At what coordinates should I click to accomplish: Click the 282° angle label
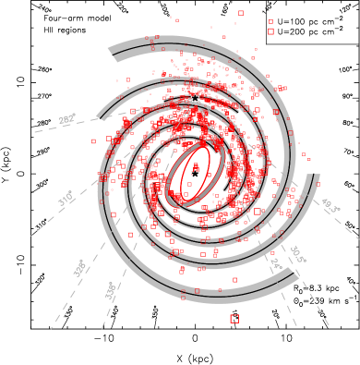pyautogui.click(x=66, y=119)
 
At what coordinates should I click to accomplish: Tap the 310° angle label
pyautogui.click(x=66, y=199)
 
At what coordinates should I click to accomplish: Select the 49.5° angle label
pyautogui.click(x=329, y=204)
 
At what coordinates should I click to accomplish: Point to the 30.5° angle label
pyautogui.click(x=297, y=254)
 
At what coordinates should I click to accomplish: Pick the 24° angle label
pyautogui.click(x=276, y=265)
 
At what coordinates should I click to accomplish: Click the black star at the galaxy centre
pyautogui.click(x=195, y=174)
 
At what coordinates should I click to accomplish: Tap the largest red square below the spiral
pyautogui.click(x=234, y=319)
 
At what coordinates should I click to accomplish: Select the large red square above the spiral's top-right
pyautogui.click(x=270, y=31)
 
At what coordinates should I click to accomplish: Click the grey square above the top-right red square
pyautogui.click(x=270, y=21)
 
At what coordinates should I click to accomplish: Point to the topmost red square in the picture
pyautogui.click(x=241, y=13)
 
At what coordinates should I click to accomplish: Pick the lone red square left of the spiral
pyautogui.click(x=93, y=141)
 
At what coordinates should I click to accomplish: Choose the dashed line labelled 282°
pyautogui.click(x=46, y=128)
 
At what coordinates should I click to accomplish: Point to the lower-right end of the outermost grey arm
pyautogui.click(x=295, y=274)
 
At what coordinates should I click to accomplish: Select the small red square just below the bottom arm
pyautogui.click(x=183, y=298)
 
